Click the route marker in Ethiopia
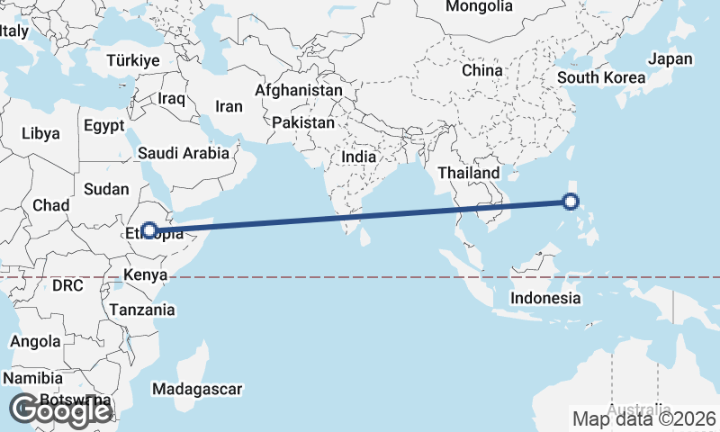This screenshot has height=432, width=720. coord(149,230)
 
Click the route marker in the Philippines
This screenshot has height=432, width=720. coord(571,202)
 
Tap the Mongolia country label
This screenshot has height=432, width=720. coord(479,6)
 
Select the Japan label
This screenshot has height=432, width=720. coord(670,58)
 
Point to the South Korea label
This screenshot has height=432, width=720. coord(601,77)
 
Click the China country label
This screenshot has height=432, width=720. coord(481,70)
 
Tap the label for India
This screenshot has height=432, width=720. coord(359,157)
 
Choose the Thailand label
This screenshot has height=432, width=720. coord(469,173)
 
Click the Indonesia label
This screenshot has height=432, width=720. coord(544,298)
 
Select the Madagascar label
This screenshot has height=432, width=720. coord(197,390)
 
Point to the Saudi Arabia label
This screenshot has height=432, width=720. coord(184,154)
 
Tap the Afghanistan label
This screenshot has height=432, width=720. coord(299,91)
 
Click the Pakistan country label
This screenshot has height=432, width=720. coord(304,122)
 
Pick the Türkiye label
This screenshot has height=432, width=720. coord(132,60)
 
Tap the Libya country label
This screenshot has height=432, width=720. coord(40,133)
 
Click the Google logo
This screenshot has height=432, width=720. coord(60,409)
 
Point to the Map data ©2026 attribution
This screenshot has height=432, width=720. coord(644,418)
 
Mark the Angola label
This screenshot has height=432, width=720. coord(35,342)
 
